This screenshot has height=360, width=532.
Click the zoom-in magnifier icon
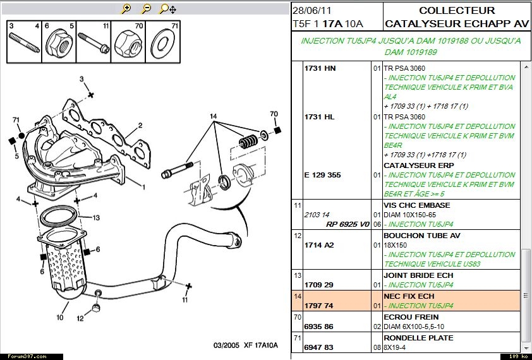pos(126,9)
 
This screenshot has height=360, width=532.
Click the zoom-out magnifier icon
pos(146,9)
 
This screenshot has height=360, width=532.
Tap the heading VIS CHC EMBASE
pos(417,205)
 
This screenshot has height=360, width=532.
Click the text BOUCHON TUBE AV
pos(421,236)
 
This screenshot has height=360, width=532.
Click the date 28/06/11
pos(311,11)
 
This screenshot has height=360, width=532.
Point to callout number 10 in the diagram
pos(61,318)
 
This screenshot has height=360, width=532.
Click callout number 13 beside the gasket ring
pos(97,218)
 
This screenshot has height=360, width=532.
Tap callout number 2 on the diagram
pos(140,125)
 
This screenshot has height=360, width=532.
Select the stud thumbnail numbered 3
pos(25,44)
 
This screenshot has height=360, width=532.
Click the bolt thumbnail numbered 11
pos(95,44)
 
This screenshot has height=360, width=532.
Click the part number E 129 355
pos(322,175)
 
